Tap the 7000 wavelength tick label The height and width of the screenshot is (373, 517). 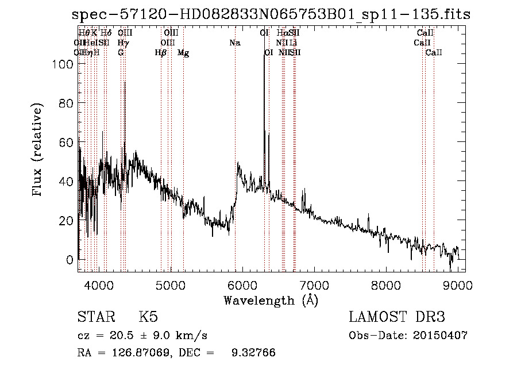coord(314,285)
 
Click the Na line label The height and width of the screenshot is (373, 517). coord(234,43)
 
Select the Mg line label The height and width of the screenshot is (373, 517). coord(183,53)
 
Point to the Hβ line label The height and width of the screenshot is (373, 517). coord(161,53)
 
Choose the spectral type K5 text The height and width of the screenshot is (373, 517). coord(148,317)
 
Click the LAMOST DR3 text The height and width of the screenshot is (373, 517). coord(397,317)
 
